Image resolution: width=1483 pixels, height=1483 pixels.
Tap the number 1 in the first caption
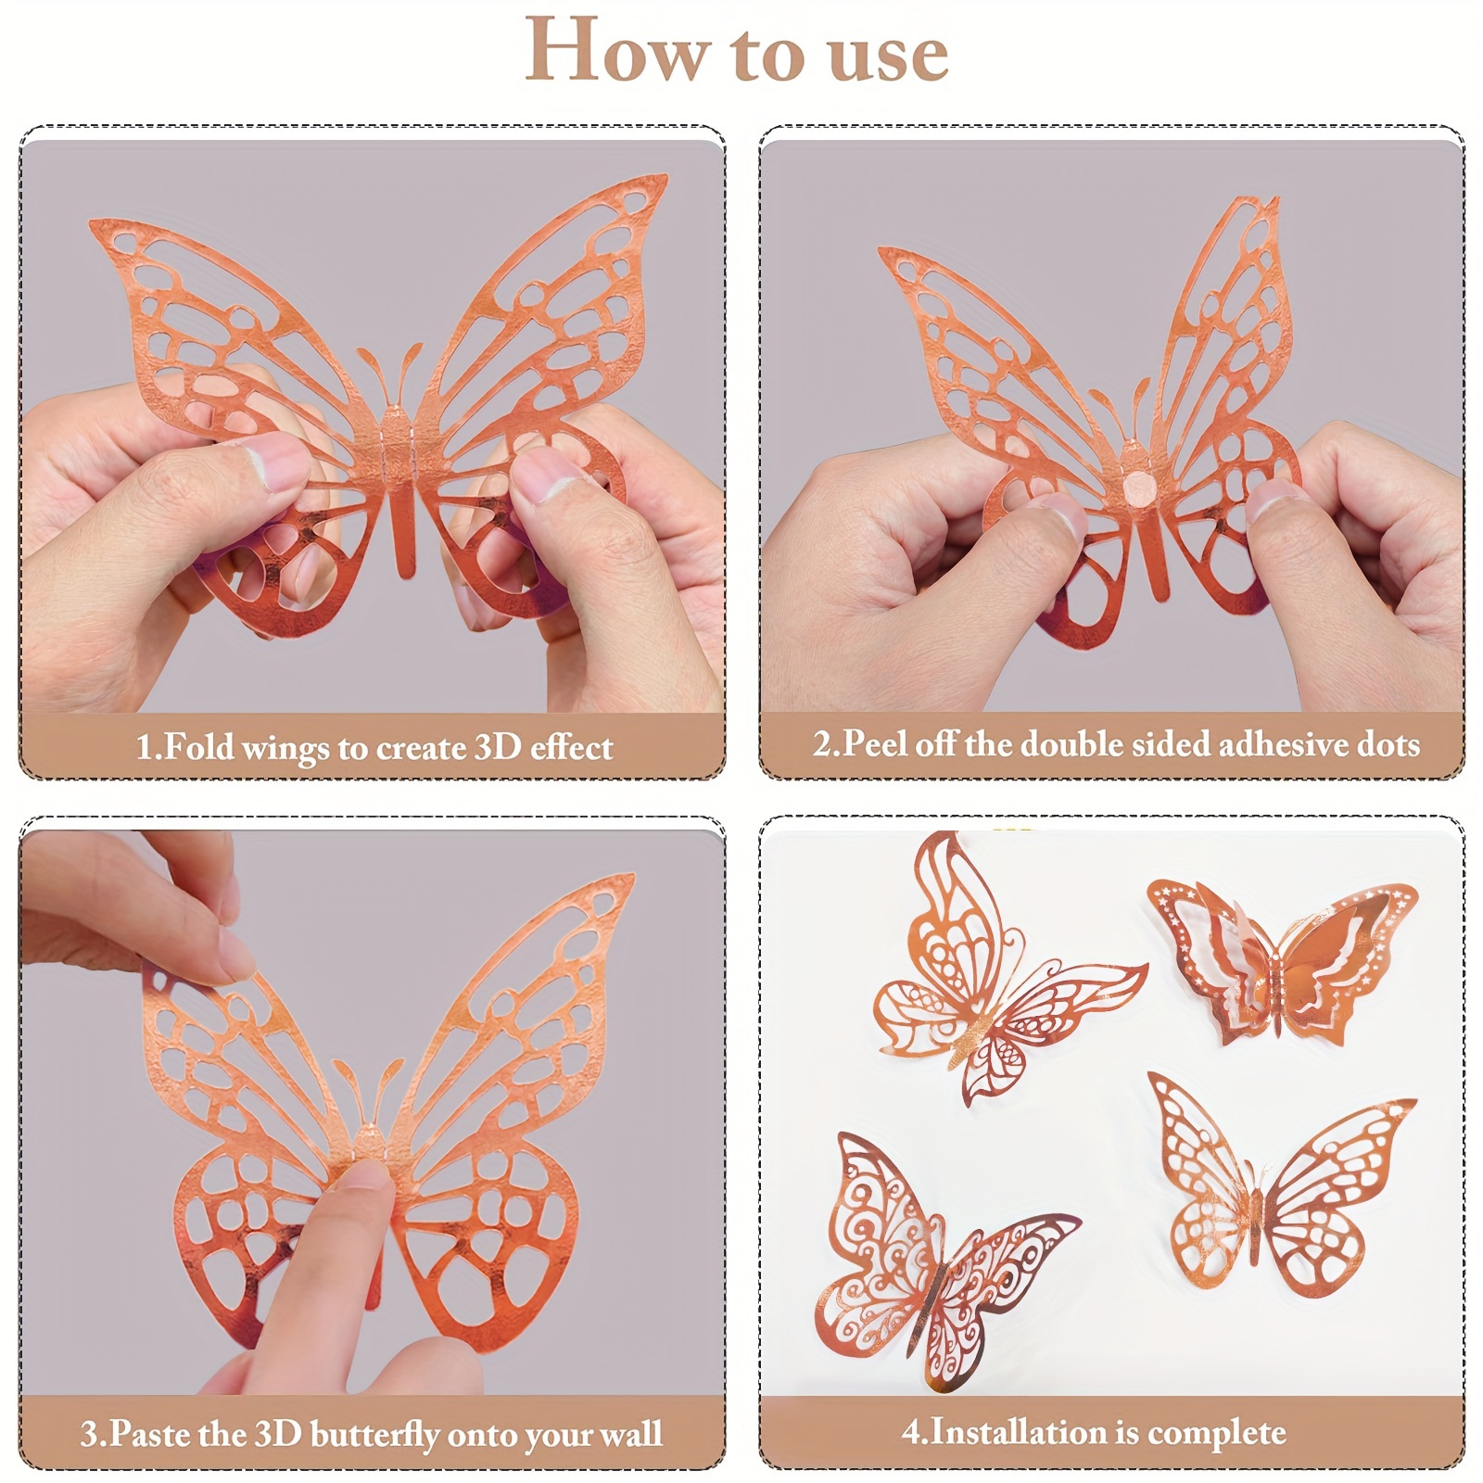pyautogui.click(x=145, y=747)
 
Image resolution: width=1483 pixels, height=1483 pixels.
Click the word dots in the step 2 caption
pyautogui.click(x=1383, y=745)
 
